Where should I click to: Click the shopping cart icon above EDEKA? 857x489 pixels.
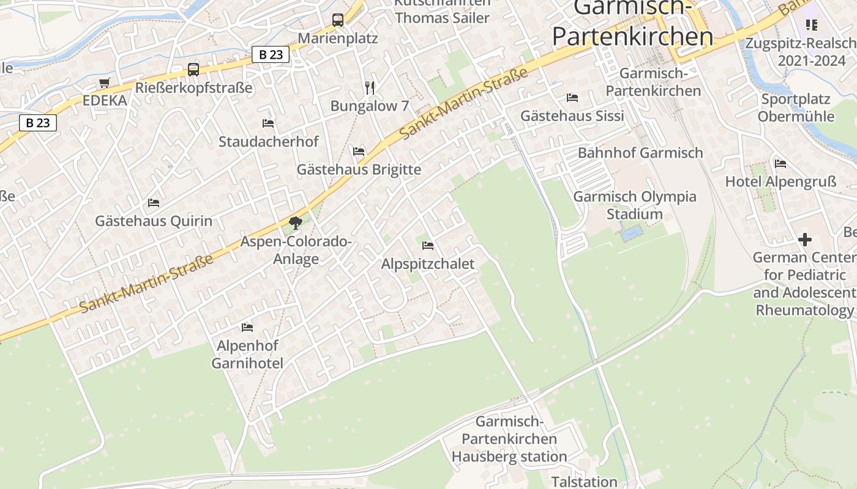click(x=104, y=83)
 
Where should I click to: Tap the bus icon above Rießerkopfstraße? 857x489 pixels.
click(x=193, y=69)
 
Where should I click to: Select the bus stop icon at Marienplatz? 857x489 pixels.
click(x=338, y=20)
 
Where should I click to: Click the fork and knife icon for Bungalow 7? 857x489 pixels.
click(x=369, y=88)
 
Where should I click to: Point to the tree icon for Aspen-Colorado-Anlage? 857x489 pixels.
click(x=296, y=223)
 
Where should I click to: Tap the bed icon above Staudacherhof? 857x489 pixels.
click(x=268, y=123)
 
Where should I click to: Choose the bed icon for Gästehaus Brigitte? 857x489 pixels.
click(x=359, y=151)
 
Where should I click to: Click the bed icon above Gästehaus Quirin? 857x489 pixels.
click(x=154, y=202)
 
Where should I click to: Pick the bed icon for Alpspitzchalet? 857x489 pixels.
click(x=428, y=246)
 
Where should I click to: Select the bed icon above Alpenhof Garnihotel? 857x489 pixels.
click(x=247, y=328)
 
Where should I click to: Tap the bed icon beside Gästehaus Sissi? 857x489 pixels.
click(x=572, y=98)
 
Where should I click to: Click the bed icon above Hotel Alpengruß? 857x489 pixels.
click(x=780, y=164)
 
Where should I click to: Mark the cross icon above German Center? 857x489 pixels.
click(x=805, y=240)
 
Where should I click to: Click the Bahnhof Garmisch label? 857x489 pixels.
click(x=640, y=153)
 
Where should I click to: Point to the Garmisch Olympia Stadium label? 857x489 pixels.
click(x=635, y=205)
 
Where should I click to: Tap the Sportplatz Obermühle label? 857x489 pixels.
click(x=796, y=108)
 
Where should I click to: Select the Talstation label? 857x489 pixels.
click(x=584, y=482)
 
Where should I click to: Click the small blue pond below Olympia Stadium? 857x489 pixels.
click(x=632, y=232)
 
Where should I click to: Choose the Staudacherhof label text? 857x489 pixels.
click(x=269, y=142)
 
